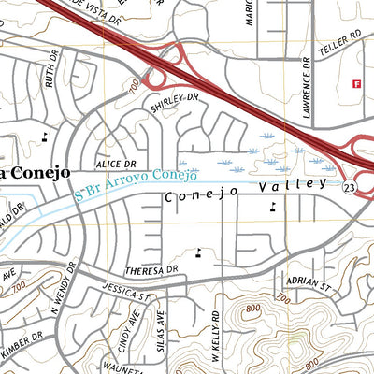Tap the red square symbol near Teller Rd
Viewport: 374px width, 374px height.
click(x=356, y=84)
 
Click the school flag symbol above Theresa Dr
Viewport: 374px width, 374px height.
click(x=198, y=251)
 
